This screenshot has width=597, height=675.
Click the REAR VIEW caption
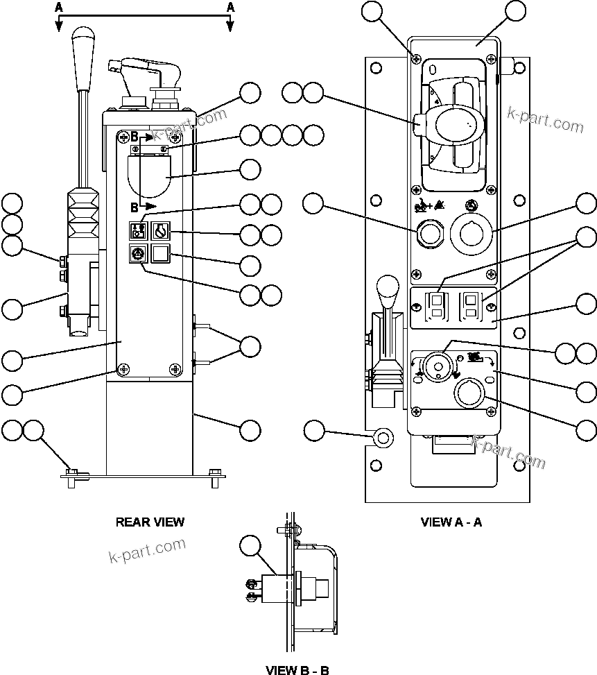150,522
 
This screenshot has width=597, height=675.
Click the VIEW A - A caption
451,522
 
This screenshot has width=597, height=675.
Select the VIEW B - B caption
297,669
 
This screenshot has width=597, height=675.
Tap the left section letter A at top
59,7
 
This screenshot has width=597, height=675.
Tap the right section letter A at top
230,7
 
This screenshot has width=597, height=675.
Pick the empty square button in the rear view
161,255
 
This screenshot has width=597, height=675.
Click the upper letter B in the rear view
135,137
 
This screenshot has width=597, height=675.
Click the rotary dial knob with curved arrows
437,366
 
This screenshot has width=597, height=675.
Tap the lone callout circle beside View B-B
250,545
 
